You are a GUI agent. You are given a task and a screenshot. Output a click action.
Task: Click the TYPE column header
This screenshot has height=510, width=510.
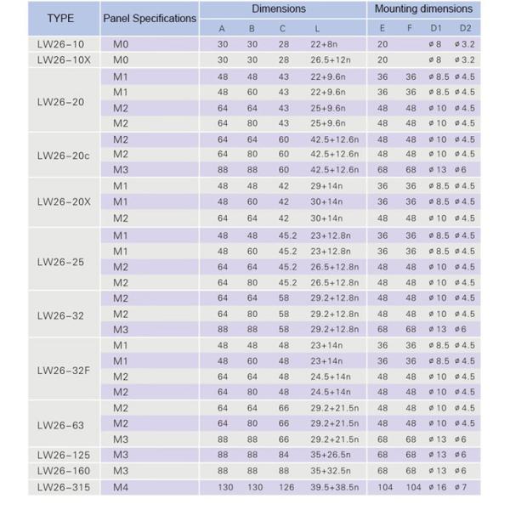(x=61, y=17)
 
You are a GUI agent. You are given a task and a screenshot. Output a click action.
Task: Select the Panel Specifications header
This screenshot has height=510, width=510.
(x=149, y=17)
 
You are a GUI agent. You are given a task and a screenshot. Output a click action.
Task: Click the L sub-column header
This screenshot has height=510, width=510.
(x=319, y=27)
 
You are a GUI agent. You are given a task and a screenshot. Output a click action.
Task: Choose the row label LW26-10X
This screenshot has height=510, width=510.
(x=61, y=59)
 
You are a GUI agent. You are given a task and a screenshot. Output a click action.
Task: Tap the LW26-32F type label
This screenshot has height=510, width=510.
(x=61, y=369)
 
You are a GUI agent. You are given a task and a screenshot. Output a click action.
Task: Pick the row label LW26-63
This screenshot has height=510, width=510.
(x=61, y=424)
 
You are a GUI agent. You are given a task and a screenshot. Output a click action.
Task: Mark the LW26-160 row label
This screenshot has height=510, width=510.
(x=61, y=470)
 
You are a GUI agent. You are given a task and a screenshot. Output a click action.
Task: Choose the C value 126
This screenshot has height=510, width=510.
(x=285, y=486)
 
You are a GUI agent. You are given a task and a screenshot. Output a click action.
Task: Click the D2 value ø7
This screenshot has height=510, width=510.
(x=464, y=486)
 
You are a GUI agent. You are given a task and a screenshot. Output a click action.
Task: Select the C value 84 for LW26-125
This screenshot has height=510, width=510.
(x=283, y=455)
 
